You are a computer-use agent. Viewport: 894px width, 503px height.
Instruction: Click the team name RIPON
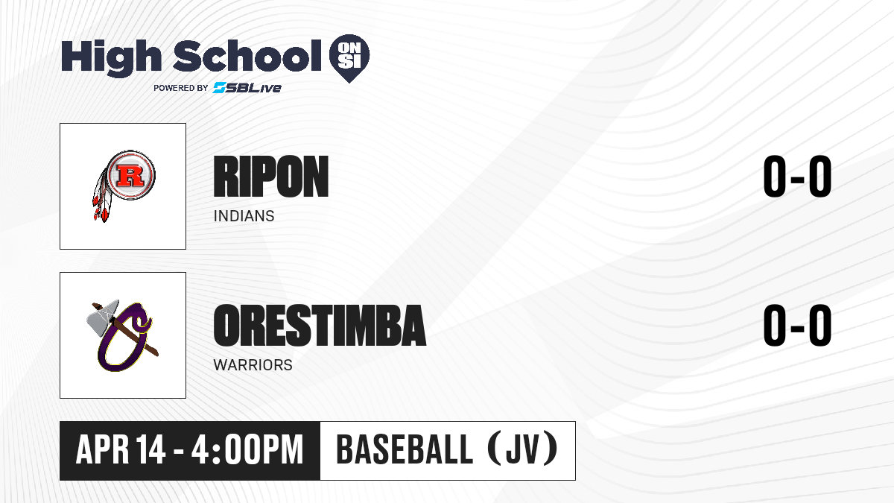[271, 177]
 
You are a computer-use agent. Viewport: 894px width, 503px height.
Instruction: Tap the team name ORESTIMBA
[320, 326]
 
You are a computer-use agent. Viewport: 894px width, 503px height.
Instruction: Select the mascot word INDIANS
[244, 216]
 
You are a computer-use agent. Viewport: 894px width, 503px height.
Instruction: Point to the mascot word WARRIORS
[253, 365]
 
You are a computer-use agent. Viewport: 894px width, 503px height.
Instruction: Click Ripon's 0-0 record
[797, 177]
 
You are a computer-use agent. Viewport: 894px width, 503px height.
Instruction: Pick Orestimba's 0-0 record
[797, 326]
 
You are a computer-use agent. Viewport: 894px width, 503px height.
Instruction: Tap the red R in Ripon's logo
[130, 176]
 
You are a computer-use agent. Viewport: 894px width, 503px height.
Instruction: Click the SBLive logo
[247, 88]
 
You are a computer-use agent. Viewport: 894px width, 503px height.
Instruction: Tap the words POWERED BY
[181, 88]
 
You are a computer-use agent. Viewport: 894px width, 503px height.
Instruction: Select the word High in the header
[112, 58]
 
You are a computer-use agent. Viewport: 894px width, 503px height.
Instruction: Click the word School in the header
[247, 55]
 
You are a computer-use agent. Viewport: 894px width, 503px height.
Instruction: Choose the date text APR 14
[121, 450]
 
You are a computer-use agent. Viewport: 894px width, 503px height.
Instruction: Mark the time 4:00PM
[247, 450]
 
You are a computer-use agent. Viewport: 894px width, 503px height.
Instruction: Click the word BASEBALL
[405, 449]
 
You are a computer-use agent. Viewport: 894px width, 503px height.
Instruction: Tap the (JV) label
[523, 449]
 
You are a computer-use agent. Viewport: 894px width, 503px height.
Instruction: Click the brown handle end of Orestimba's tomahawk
[154, 352]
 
